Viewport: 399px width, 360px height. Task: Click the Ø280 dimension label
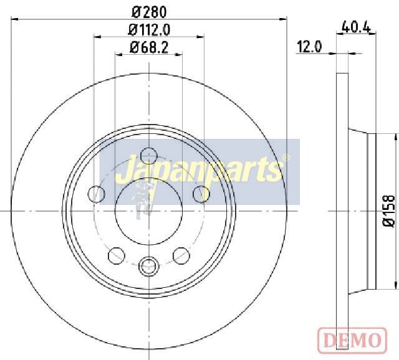click(x=149, y=12)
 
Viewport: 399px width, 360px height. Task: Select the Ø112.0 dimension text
click(x=149, y=30)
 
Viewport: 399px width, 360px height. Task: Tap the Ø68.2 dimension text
click(x=149, y=47)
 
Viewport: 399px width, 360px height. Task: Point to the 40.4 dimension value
click(x=356, y=27)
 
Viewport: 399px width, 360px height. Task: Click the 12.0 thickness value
click(x=309, y=47)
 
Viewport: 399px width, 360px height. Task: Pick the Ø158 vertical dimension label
click(x=389, y=211)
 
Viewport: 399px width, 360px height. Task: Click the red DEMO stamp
click(x=352, y=339)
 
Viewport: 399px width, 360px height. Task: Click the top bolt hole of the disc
click(x=149, y=156)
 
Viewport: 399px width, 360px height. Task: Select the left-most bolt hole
click(x=96, y=194)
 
